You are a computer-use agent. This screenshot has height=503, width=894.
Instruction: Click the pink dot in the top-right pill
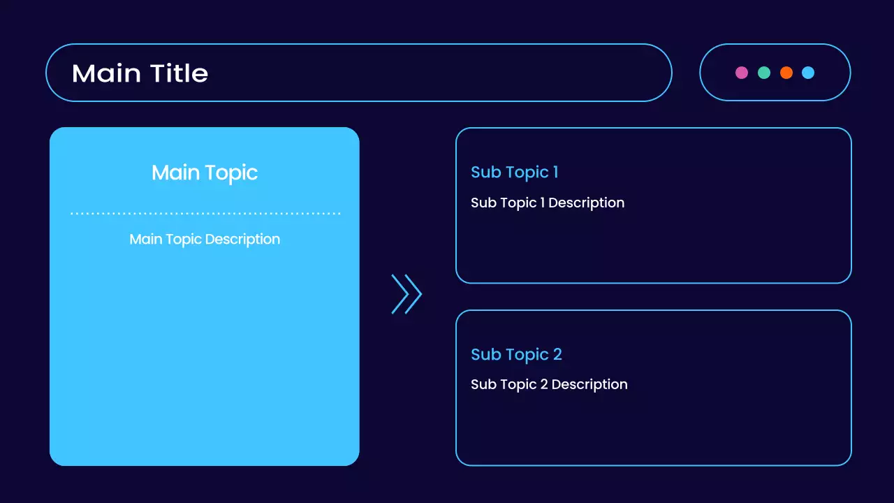click(x=742, y=73)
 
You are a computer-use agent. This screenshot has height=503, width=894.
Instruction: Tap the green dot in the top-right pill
click(x=764, y=73)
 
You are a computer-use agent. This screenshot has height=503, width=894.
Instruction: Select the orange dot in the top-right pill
click(x=786, y=73)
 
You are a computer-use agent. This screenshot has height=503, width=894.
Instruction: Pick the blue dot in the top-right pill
click(x=808, y=73)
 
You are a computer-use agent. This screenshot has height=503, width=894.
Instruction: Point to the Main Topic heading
click(x=205, y=173)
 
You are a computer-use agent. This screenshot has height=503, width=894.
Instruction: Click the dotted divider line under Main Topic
click(x=205, y=213)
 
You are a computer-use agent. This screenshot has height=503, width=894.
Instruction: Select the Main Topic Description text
click(x=205, y=239)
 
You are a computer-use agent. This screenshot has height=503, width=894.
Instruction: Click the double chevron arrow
click(x=406, y=294)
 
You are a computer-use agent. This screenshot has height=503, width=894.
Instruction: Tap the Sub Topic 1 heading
click(x=514, y=172)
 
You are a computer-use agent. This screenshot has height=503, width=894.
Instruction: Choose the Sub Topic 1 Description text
click(x=548, y=203)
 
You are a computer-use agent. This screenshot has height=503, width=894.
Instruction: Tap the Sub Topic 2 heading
click(x=516, y=354)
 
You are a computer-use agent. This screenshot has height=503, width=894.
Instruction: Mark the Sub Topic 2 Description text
click(x=549, y=384)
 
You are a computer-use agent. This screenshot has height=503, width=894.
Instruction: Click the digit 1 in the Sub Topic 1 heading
click(x=555, y=172)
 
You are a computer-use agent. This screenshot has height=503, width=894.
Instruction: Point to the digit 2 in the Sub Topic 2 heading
click(x=557, y=354)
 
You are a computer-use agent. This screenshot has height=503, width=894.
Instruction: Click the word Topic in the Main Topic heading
click(x=230, y=173)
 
